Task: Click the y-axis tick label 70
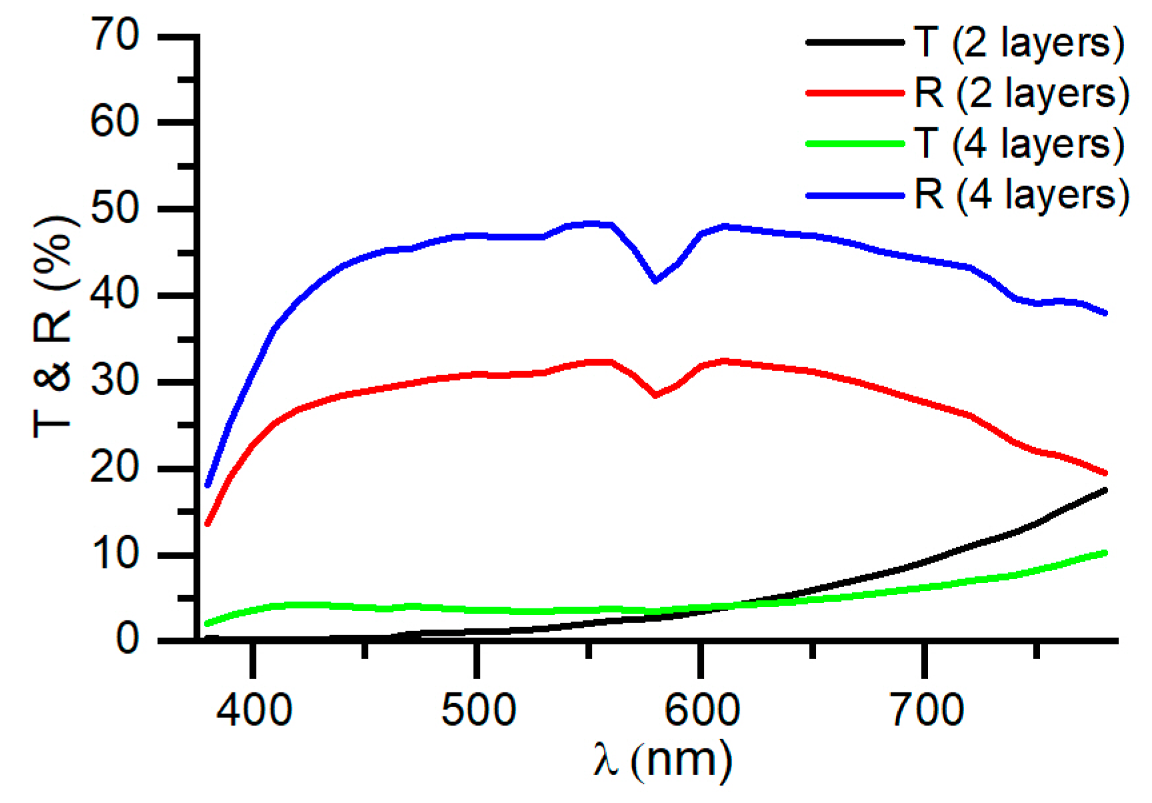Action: click(115, 35)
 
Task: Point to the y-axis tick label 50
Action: click(115, 209)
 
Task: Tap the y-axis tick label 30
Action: click(115, 382)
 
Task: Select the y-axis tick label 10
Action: click(115, 554)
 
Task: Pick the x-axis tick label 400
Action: click(253, 710)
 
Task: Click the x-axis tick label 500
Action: click(477, 710)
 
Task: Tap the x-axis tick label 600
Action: click(701, 710)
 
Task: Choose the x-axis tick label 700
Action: click(927, 710)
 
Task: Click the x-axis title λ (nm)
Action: click(662, 760)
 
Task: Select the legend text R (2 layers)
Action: click(1022, 93)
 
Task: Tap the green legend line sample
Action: click(855, 143)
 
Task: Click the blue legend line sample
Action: click(855, 195)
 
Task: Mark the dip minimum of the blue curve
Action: click(656, 281)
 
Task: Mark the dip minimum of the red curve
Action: click(656, 395)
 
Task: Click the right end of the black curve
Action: click(1105, 490)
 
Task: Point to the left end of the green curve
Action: click(207, 624)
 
